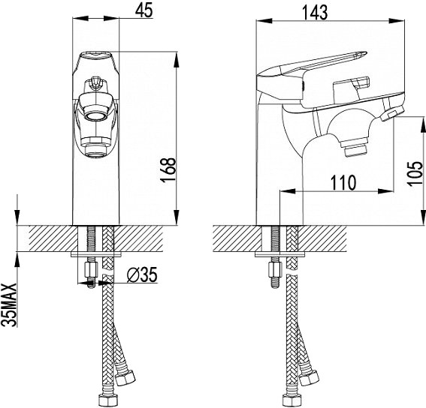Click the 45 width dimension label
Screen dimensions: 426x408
coord(144,10)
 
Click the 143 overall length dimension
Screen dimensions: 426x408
coord(315,13)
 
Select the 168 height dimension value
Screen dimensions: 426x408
coord(168,170)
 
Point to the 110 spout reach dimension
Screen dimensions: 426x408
coord(343,182)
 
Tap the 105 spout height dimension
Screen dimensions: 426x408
coord(415,173)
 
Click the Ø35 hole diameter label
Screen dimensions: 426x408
coord(142,274)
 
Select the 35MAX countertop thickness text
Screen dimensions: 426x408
coord(10,305)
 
